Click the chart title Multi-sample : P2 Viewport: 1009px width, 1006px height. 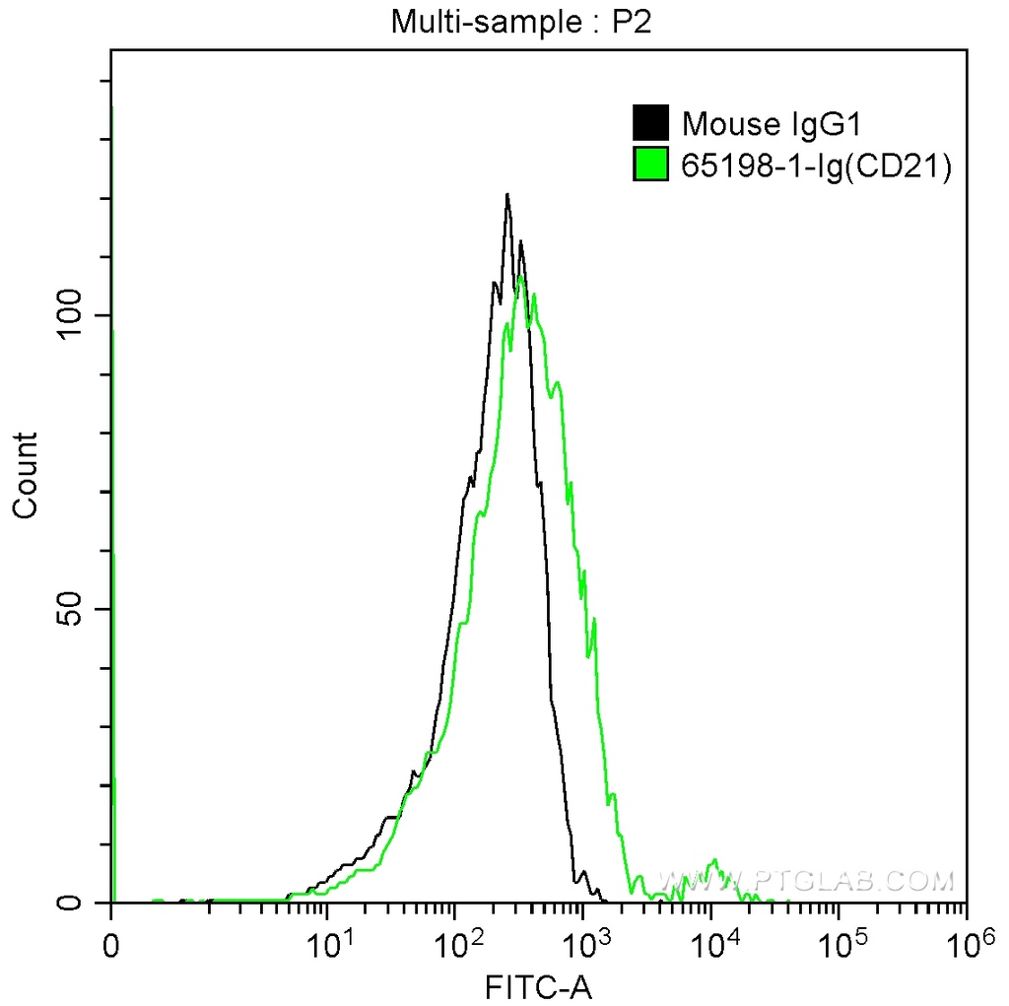(x=521, y=22)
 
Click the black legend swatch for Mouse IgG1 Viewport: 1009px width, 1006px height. (x=650, y=124)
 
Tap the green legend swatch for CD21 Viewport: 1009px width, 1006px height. (x=650, y=166)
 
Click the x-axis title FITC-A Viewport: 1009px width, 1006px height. (x=538, y=986)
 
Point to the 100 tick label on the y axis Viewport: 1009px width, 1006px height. (x=71, y=315)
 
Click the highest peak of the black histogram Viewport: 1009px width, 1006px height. (x=507, y=195)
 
